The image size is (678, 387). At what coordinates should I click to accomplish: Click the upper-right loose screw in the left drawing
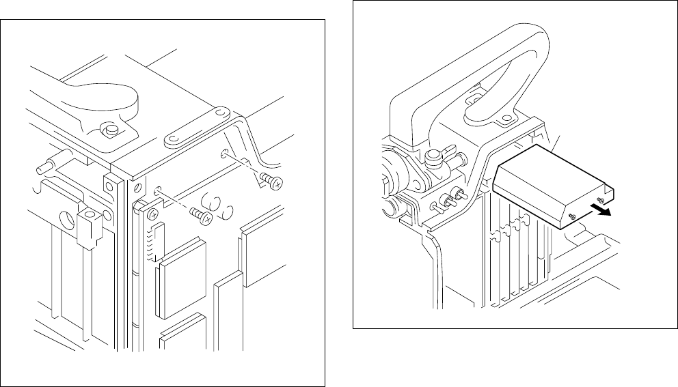[272, 180]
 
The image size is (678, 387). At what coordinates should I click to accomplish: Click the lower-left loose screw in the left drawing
[202, 215]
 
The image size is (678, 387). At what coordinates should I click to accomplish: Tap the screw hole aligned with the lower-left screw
[157, 192]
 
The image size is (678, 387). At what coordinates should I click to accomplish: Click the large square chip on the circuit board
[180, 277]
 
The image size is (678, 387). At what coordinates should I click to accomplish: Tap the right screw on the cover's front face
[599, 199]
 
